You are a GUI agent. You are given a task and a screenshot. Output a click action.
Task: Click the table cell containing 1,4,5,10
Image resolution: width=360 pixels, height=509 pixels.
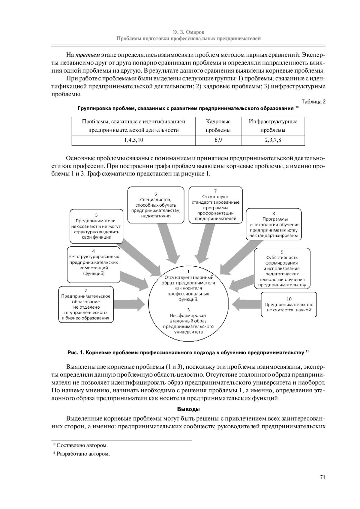(x=133, y=140)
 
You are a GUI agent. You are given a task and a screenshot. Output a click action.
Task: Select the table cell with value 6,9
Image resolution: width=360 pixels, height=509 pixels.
(x=218, y=140)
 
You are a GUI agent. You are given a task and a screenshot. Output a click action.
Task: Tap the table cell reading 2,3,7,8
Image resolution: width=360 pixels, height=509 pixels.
(x=273, y=140)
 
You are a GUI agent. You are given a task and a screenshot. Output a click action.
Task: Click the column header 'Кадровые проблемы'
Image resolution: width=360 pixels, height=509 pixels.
(x=218, y=126)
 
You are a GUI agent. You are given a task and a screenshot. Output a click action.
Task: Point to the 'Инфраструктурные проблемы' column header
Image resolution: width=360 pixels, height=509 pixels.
(x=273, y=126)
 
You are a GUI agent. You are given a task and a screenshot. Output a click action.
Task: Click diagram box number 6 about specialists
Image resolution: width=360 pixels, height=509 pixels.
(x=156, y=205)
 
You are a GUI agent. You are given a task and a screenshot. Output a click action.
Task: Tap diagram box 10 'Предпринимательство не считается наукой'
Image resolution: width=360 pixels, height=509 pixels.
(x=289, y=304)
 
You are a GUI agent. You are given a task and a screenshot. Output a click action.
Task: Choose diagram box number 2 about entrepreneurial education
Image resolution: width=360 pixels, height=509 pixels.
(x=86, y=304)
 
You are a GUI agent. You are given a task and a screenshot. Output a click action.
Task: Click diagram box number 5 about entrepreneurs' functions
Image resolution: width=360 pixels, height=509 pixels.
(x=96, y=226)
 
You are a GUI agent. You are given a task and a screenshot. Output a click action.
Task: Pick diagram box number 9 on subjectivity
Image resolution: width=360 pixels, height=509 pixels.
(x=282, y=268)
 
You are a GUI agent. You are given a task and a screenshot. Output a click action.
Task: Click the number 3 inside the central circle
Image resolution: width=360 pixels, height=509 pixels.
(x=188, y=309)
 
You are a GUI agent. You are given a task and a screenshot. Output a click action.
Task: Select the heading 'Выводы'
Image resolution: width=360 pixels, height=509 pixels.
(x=188, y=409)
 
